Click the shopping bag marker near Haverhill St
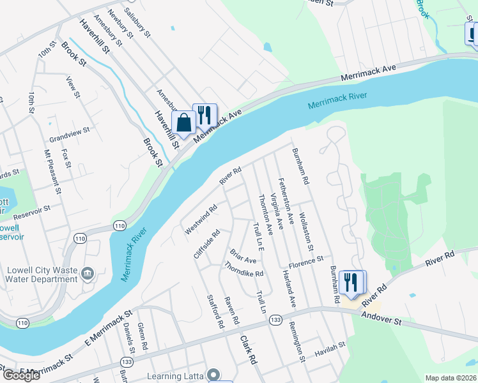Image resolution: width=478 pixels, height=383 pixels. click(183, 122)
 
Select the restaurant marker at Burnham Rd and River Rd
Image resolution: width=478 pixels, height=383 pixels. click(350, 282)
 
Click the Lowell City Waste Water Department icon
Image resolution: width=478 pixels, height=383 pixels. click(87, 274)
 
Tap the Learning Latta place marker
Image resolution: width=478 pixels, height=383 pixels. click(214, 375)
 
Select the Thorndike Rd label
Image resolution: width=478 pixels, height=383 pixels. click(243, 270)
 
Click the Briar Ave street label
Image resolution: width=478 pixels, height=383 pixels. click(243, 256)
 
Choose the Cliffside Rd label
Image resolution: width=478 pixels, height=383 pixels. click(206, 244)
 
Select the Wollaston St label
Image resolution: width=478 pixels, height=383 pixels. click(306, 232)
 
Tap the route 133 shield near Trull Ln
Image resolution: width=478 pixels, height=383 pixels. click(275, 319)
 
